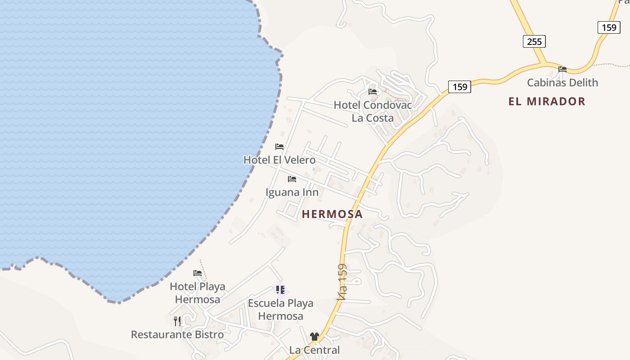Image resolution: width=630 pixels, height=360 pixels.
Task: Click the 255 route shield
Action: pos(534,41)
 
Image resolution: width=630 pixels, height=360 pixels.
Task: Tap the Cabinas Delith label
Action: pos(562,82)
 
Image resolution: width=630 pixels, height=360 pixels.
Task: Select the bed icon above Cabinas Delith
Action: pos(562,69)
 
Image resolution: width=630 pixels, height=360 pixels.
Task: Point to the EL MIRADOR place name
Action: pos(547,101)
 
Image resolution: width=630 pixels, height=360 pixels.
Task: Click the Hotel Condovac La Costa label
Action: pos(373,111)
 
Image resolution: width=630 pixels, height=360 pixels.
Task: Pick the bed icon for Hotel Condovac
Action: pos(373,91)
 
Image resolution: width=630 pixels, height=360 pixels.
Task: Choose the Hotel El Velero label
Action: pos(279,160)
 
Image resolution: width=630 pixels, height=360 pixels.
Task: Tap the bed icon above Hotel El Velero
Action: pos(279,146)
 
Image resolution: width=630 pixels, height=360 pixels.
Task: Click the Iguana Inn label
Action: pos(292,192)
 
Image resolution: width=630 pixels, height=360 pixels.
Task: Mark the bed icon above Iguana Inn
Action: pos(292,179)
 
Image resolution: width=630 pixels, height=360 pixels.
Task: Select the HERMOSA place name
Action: pos(332,214)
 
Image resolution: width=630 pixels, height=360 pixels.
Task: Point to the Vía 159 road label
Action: pos(342,282)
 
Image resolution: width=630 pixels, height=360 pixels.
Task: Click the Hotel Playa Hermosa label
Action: pos(198,292)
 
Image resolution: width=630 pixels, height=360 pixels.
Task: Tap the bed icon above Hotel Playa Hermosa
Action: pos(198,273)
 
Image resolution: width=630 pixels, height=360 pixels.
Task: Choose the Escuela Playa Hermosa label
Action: pos(281,310)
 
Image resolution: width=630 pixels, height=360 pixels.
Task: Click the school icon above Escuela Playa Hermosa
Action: pos(280,289)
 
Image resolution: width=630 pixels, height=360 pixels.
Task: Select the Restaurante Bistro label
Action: pos(177,334)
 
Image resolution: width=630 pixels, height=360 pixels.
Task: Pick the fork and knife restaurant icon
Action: pos(177,321)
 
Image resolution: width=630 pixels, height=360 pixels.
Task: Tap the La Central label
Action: pos(315,350)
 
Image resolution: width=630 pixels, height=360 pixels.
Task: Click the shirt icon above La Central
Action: pos(314,336)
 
